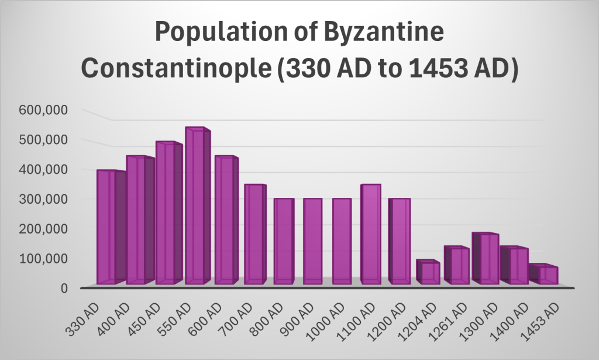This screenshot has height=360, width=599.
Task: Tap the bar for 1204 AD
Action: click(x=426, y=272)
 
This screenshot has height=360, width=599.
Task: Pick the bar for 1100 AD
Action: click(x=370, y=234)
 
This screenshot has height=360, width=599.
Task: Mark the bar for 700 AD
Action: click(x=254, y=234)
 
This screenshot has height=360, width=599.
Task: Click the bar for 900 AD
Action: click(x=312, y=241)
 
